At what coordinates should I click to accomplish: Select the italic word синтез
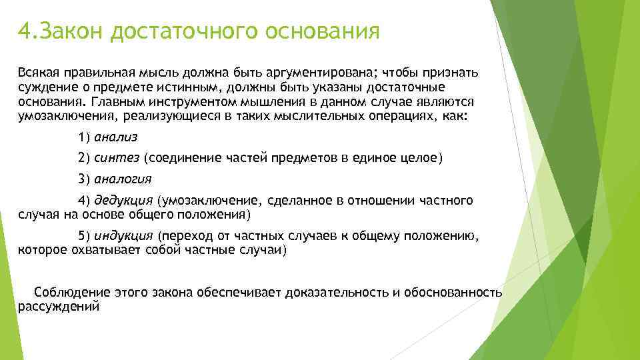coord(117,158)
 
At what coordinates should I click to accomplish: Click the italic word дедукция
coord(123,201)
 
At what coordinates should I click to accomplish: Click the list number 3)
coord(84,179)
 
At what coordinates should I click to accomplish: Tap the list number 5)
coord(84,236)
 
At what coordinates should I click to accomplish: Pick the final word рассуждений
coord(58,307)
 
